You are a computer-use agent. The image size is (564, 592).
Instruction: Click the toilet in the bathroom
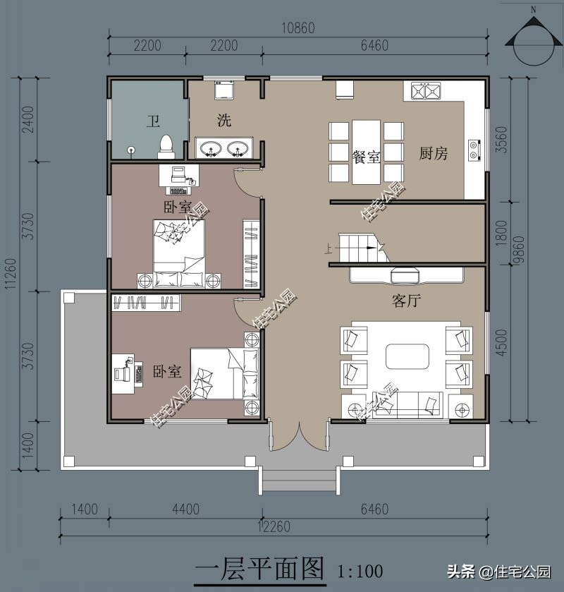coord(166,147)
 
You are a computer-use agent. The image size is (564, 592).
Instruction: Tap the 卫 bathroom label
coord(153,121)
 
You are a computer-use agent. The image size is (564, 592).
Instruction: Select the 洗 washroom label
coord(224,120)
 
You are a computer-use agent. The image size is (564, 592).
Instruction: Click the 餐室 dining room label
coord(366,157)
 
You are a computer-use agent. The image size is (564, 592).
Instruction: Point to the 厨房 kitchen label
coord(434,153)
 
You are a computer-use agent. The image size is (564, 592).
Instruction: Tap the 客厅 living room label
coord(406,301)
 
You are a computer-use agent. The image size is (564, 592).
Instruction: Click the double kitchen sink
coord(426,90)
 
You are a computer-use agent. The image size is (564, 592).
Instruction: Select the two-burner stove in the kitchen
coord(474,150)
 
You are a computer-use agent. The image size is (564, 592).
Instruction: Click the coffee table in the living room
coord(407,356)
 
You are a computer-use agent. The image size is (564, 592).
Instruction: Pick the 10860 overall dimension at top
coord(298,28)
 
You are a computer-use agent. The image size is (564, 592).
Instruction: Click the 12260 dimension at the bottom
coord(274,526)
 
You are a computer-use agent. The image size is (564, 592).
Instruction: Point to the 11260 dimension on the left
coord(11,274)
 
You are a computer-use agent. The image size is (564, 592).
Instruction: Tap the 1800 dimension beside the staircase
coord(501,233)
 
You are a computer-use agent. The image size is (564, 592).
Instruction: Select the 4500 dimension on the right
coord(501,342)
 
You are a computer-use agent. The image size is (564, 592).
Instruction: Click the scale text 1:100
coord(360,572)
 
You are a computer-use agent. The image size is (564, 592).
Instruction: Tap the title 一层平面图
coord(260,569)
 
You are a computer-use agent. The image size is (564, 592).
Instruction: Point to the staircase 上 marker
coord(329,249)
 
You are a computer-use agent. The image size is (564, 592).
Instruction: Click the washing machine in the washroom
coord(224,90)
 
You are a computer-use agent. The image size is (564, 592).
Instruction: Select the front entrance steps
coord(299,481)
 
